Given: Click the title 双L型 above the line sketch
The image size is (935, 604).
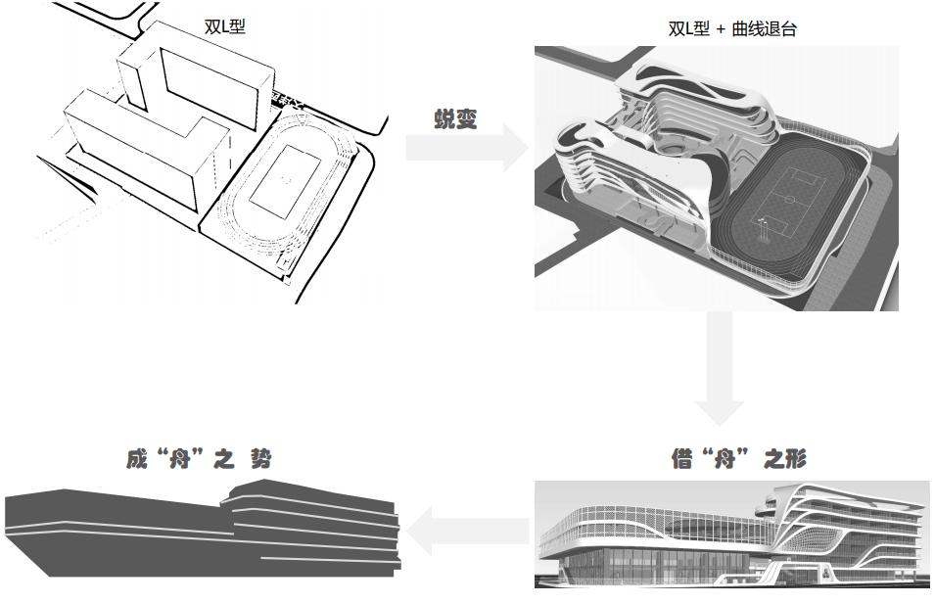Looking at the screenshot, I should [224, 26].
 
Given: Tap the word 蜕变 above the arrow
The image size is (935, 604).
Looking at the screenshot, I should [455, 118].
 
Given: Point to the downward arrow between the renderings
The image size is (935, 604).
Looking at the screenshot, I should [719, 368].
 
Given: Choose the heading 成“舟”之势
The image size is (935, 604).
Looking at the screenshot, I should [199, 458].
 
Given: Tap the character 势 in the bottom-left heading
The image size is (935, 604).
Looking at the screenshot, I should [259, 458].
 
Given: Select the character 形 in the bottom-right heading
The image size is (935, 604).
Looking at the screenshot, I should [795, 458].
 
